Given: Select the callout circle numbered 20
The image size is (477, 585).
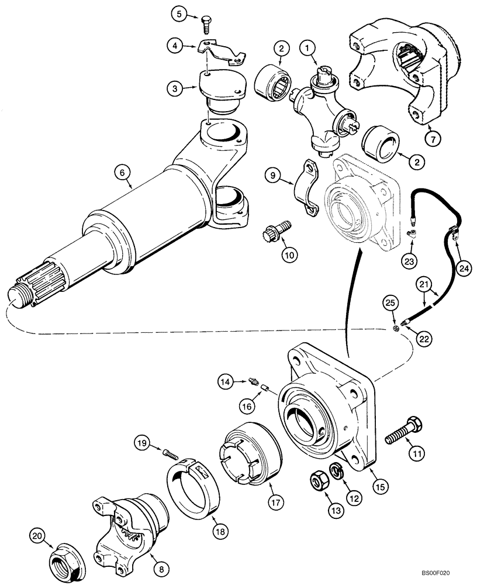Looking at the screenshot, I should (x=38, y=535).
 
